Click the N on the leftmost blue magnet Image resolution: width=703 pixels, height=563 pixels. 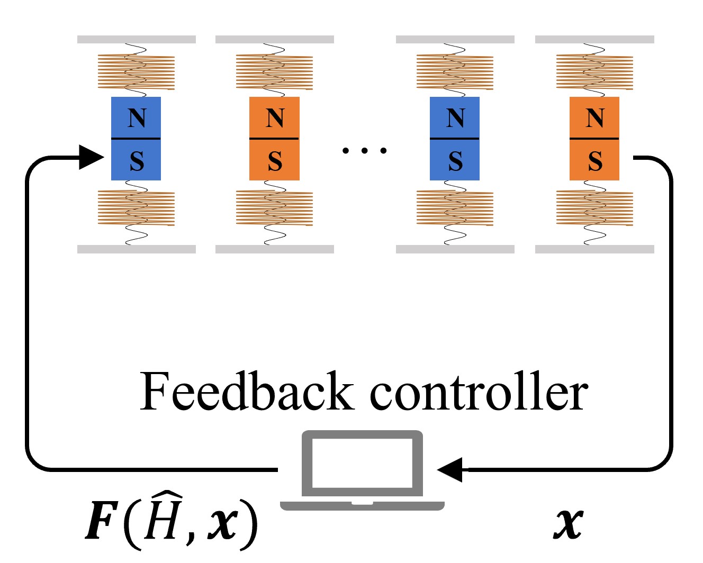tap(137, 117)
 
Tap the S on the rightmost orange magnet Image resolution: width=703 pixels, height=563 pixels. tap(594, 161)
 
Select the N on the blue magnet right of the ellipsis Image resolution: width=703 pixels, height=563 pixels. tap(455, 117)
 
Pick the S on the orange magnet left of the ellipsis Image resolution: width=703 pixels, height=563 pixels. tap(275, 161)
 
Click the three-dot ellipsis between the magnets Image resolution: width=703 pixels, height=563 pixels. tap(364, 151)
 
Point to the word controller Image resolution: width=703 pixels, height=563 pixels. tap(479, 393)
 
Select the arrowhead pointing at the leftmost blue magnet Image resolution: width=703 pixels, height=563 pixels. tap(91, 157)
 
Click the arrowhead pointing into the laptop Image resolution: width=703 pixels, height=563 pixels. tap(450, 469)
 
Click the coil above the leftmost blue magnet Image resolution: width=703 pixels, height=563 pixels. tap(136, 72)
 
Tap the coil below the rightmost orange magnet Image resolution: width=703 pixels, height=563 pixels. tap(594, 208)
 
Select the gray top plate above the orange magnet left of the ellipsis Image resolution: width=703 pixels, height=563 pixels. tap(274, 39)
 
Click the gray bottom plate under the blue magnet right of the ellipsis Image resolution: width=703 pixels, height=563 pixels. tap(455, 249)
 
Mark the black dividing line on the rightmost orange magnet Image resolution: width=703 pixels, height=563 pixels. tap(594, 139)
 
